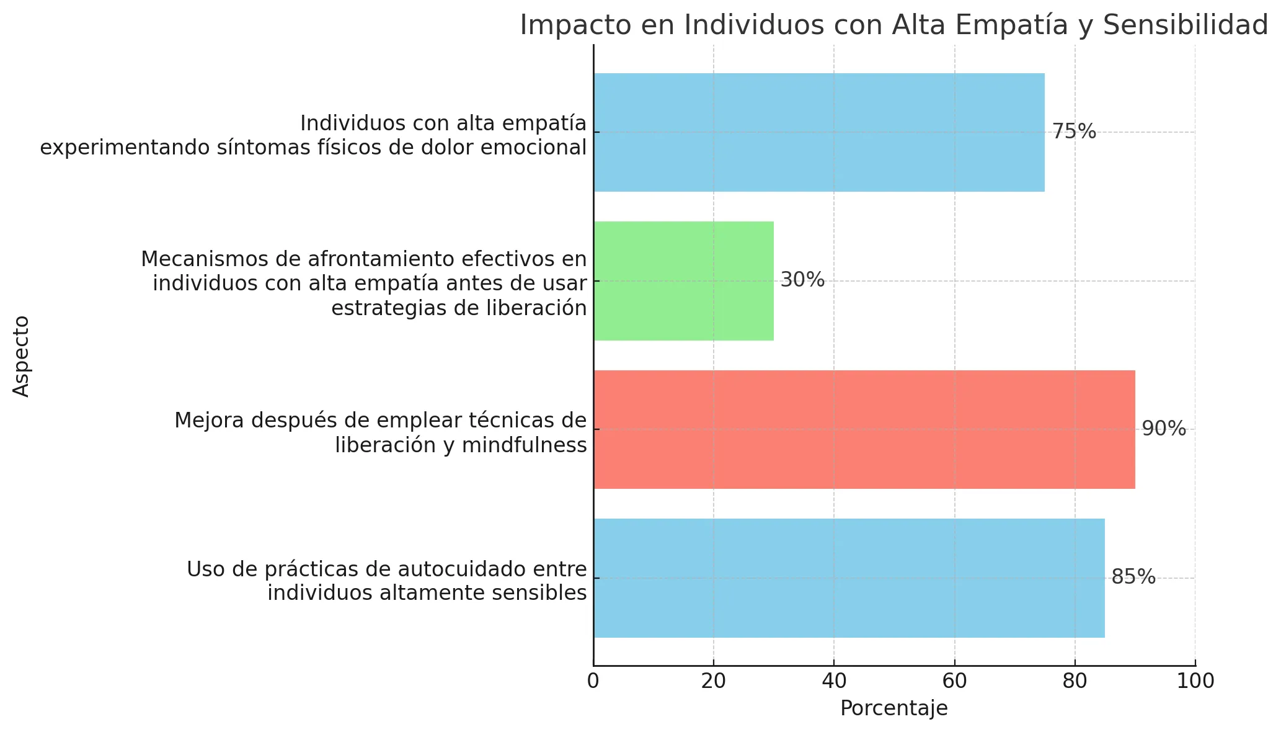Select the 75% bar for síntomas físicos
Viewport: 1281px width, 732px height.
(818, 132)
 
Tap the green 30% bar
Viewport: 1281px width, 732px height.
(683, 281)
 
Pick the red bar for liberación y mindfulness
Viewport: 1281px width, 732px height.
(864, 429)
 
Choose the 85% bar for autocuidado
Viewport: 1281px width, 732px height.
(849, 578)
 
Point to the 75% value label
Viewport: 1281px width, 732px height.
(1074, 132)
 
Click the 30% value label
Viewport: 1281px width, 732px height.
(802, 280)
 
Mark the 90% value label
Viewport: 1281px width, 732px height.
(1164, 429)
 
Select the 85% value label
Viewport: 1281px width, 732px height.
(1133, 578)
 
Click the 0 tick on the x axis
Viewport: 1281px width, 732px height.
(593, 681)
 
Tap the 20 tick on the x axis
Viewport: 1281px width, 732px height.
(714, 681)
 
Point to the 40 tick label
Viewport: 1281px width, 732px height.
(834, 681)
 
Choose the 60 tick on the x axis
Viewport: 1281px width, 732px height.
(954, 681)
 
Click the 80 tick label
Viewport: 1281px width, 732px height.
(1075, 681)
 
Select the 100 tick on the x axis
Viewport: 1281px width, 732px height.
(1195, 681)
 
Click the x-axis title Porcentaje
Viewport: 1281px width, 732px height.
(893, 708)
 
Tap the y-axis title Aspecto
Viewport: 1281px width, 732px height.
(22, 355)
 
